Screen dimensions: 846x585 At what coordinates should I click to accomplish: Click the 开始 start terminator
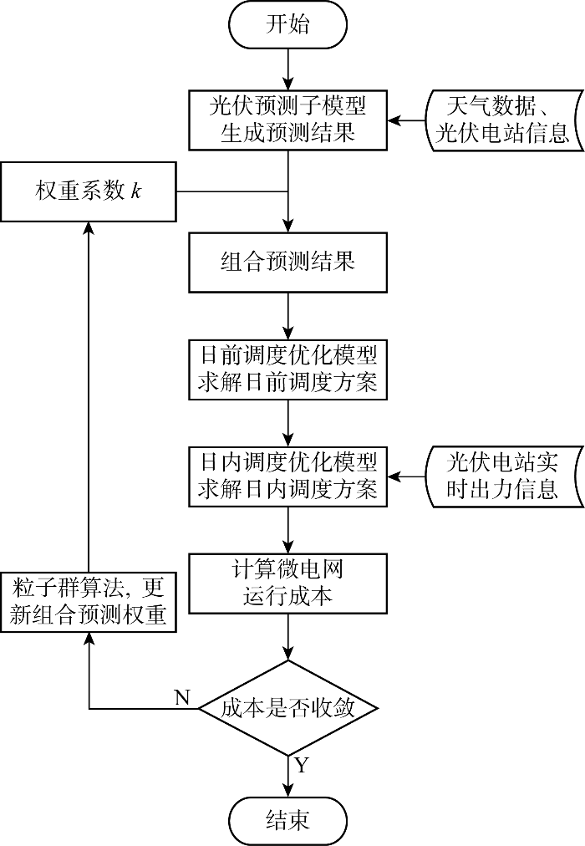tap(287, 24)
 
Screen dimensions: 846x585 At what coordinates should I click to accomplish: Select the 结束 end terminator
tap(287, 818)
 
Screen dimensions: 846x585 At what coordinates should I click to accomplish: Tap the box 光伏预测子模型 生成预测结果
tap(287, 120)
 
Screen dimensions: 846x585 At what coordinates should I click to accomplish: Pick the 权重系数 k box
tap(88, 191)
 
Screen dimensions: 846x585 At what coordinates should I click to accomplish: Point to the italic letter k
tap(136, 191)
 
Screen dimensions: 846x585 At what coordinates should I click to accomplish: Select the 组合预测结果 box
tap(287, 261)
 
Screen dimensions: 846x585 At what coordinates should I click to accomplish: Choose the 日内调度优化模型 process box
tap(287, 476)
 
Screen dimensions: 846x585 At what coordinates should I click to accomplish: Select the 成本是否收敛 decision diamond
tap(287, 709)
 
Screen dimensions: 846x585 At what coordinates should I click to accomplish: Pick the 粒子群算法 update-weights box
tap(88, 603)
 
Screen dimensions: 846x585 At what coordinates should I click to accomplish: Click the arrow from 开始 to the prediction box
tap(287, 67)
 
